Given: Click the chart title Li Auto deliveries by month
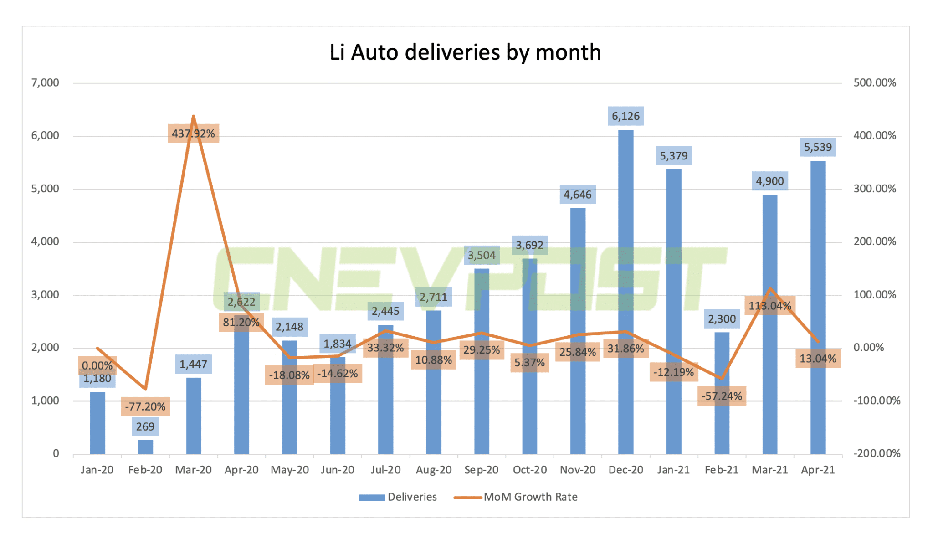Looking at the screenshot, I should coord(465,52).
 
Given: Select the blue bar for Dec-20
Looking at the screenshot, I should coord(625,292).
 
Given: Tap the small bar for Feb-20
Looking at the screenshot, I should coord(145,447).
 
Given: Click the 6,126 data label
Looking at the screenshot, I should coord(625,116).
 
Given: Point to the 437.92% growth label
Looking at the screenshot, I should coord(193,133).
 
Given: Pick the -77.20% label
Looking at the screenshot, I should coord(145,406).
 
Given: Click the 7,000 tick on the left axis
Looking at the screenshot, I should coord(45,83).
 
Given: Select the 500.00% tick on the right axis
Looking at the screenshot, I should coord(875,83).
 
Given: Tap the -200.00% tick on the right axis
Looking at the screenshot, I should coord(877,453).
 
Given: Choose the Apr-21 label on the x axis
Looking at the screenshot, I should coord(818,470).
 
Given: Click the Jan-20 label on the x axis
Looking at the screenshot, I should coord(97,470).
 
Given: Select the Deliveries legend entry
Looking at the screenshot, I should coord(398,497).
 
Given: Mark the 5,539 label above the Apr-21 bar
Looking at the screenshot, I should coord(818,147).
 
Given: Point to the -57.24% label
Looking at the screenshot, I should coord(722,396).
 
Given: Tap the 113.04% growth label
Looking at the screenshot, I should coord(770,306).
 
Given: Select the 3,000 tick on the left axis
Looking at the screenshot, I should coord(45,295).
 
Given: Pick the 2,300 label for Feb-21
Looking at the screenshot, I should coord(722,319).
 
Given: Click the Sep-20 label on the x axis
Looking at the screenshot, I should coord(481,470).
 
